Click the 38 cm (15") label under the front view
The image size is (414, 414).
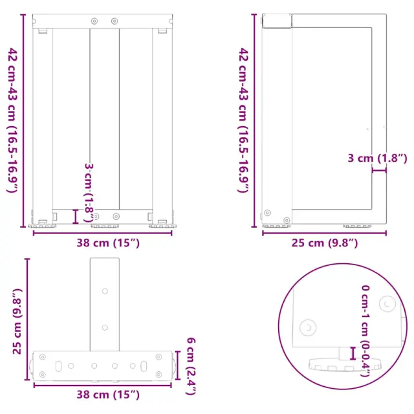pyautogui.click(x=108, y=243)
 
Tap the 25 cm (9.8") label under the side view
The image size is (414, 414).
pyautogui.click(x=325, y=243)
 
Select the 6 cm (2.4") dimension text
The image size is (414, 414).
pyautogui.click(x=191, y=366)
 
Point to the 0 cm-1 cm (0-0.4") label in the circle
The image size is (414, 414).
pyautogui.click(x=366, y=331)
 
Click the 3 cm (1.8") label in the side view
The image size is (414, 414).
pyautogui.click(x=377, y=158)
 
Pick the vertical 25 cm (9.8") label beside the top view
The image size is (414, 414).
pyautogui.click(x=17, y=321)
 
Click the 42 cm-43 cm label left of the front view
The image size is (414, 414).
pyautogui.click(x=12, y=120)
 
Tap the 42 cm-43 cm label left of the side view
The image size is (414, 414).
pyautogui.click(x=243, y=120)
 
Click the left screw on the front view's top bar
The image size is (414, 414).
pyautogui.click(x=94, y=21)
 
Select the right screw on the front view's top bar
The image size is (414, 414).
pyautogui.click(x=114, y=21)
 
